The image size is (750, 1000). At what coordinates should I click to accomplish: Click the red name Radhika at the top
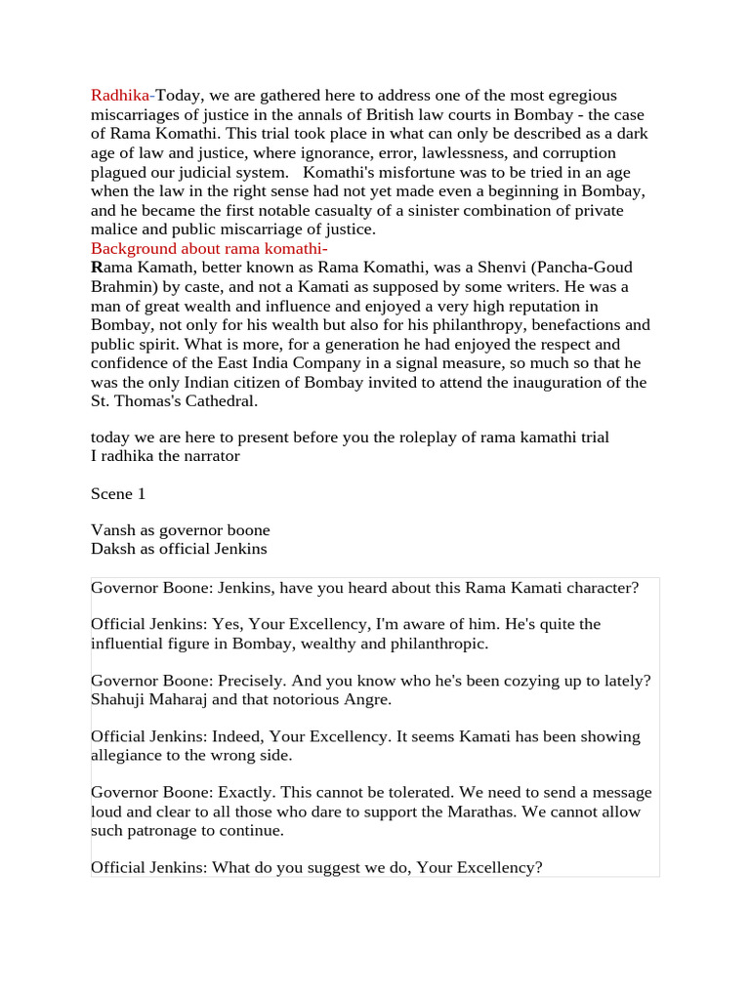120,96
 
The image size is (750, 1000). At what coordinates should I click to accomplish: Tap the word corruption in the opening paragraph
577,153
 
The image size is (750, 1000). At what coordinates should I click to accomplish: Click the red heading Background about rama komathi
207,248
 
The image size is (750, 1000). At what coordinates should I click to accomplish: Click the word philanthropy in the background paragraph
456,325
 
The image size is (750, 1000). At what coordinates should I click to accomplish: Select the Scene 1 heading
118,494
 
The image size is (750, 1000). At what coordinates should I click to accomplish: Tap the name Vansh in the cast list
112,530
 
